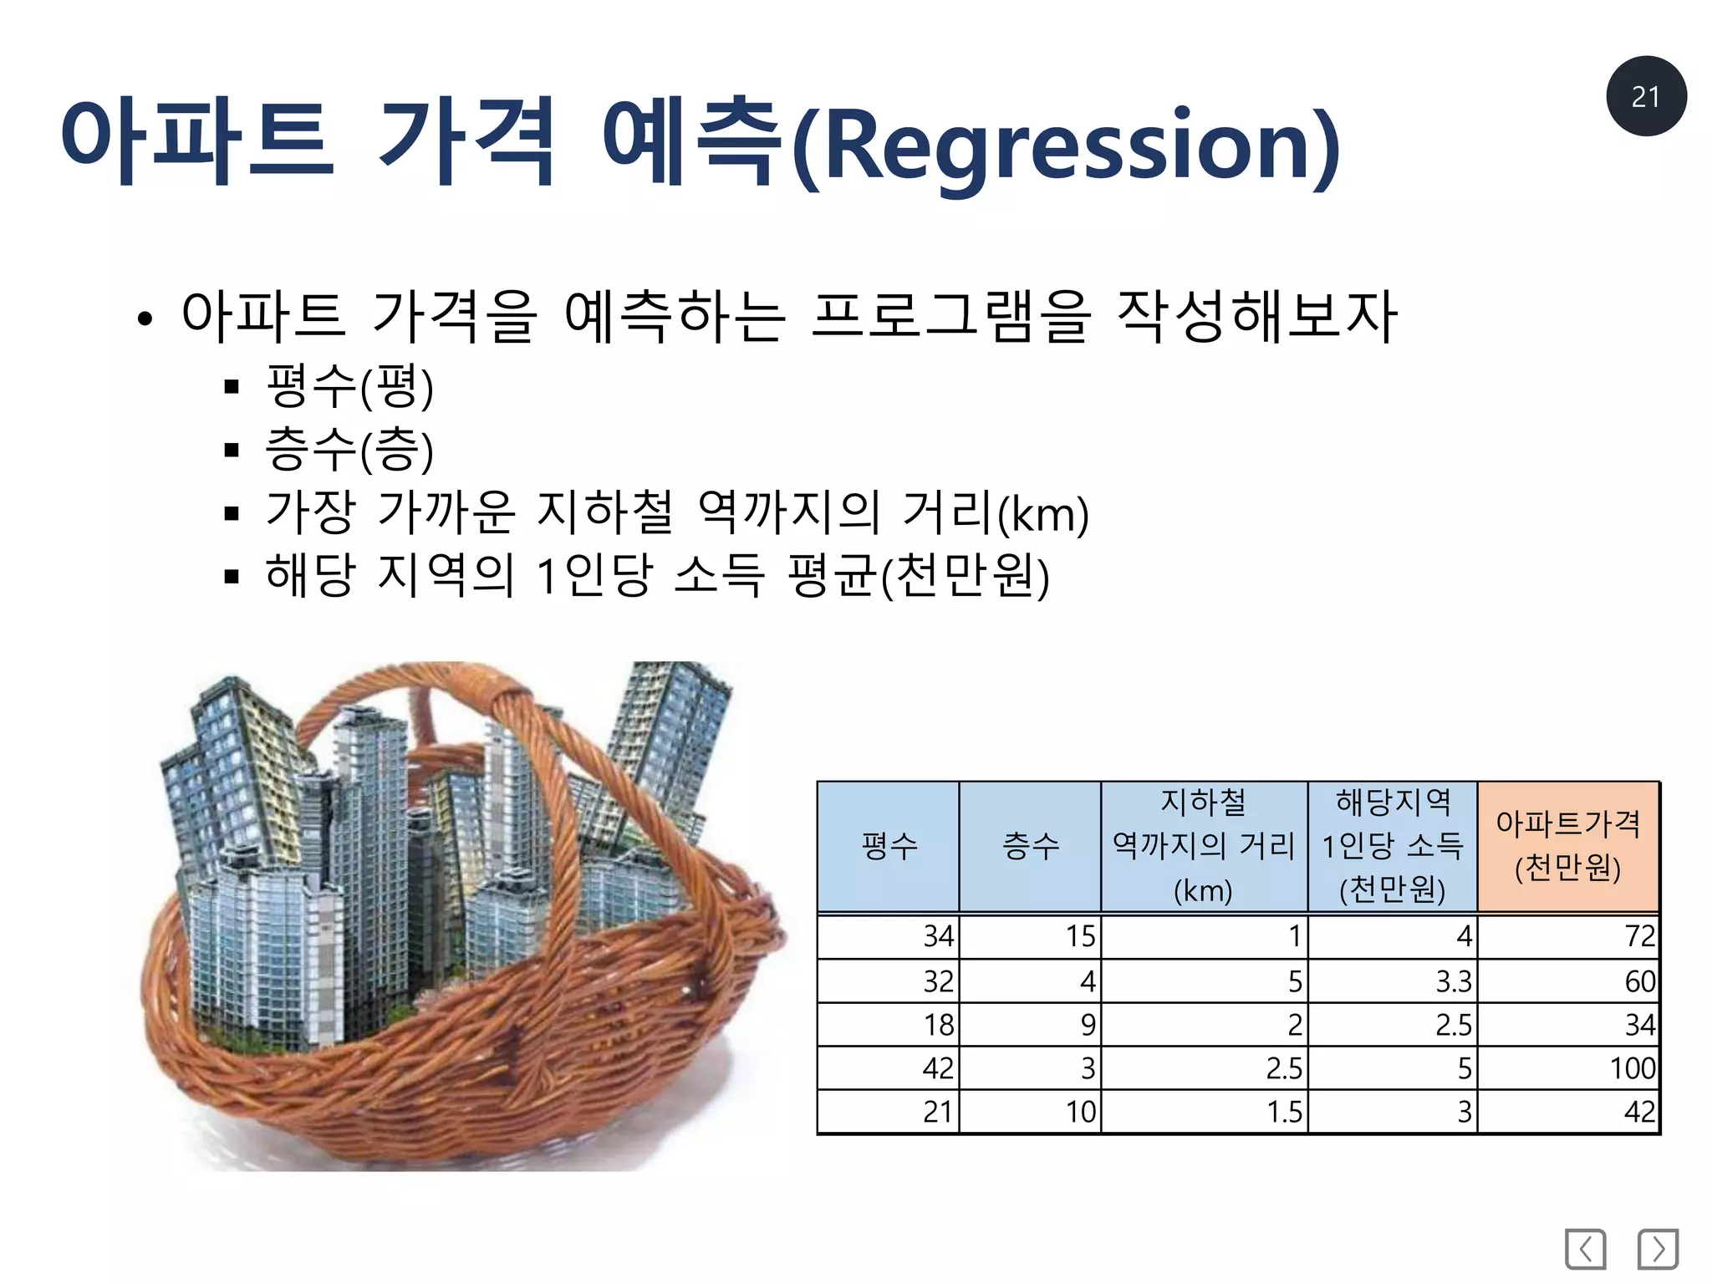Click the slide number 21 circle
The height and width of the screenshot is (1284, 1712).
click(1645, 96)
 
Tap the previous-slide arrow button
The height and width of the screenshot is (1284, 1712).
click(1585, 1249)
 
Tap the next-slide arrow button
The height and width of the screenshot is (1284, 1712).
click(1658, 1249)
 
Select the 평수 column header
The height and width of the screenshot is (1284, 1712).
click(889, 846)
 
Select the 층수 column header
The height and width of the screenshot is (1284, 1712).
click(1030, 846)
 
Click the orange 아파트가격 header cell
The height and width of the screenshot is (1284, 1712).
click(1567, 846)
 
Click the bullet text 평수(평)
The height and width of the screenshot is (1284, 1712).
click(349, 386)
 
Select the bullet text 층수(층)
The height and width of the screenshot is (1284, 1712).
click(349, 449)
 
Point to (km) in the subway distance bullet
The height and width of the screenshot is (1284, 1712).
click(1043, 514)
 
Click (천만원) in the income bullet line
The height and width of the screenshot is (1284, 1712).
click(966, 577)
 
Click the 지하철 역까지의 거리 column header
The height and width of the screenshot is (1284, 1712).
click(1204, 846)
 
